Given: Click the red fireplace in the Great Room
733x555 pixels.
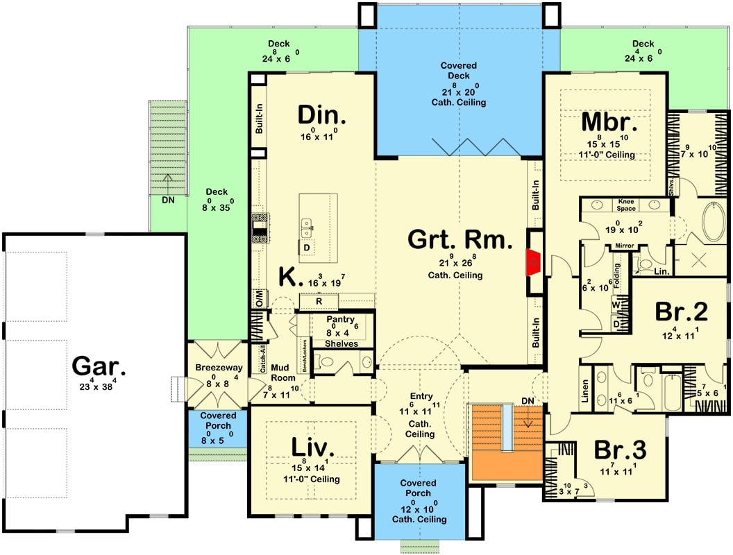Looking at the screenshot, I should [532, 262].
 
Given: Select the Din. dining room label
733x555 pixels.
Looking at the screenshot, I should [322, 114].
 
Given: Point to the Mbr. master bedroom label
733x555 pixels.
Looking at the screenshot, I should [609, 123].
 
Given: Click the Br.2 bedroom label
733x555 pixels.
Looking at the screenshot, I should [681, 312].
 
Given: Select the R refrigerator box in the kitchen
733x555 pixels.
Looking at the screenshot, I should [319, 302].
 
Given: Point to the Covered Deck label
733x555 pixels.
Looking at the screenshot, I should [458, 71].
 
